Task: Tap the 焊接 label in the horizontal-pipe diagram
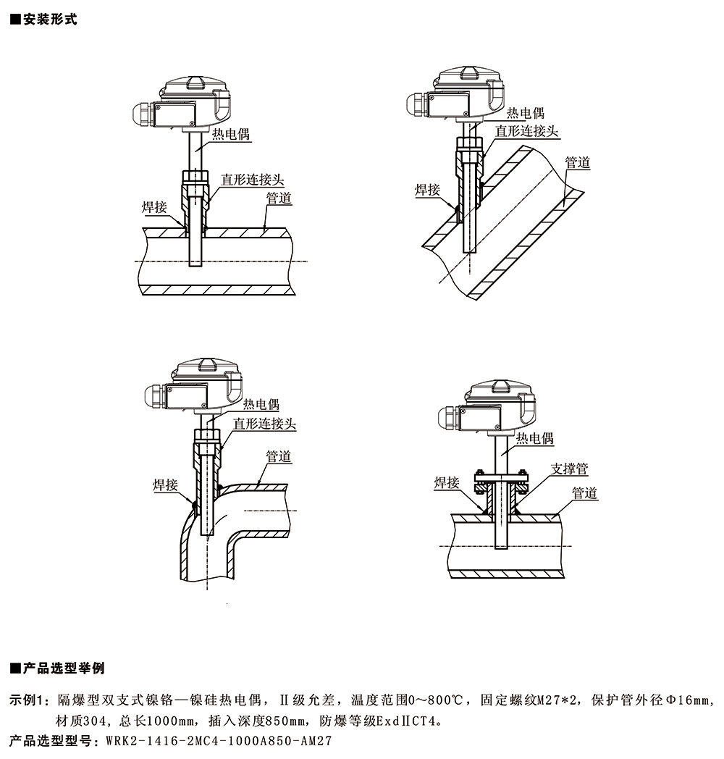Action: (x=153, y=207)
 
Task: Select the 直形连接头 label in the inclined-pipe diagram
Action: (x=527, y=130)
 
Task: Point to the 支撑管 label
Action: (x=569, y=469)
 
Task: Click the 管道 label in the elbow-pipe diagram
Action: (x=279, y=456)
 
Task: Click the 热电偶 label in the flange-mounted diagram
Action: (x=535, y=438)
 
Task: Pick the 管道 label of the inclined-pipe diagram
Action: (x=578, y=163)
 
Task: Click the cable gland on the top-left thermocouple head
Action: (x=140, y=114)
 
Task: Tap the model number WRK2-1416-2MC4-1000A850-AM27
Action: (x=218, y=741)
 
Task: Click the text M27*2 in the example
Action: (x=554, y=700)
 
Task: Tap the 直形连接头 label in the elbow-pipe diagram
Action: (x=264, y=423)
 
